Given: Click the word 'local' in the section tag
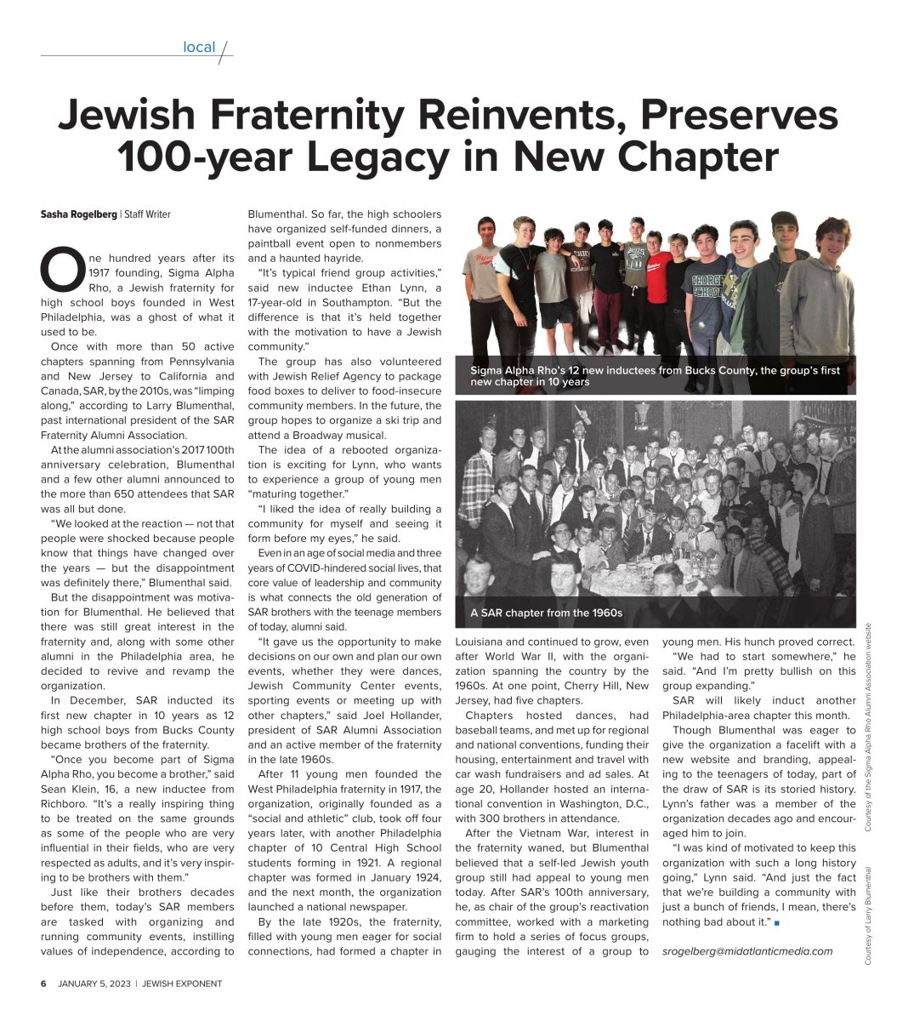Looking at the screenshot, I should (x=199, y=48).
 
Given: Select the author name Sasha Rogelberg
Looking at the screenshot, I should (x=79, y=214).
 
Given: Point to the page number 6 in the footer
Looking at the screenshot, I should (x=44, y=984).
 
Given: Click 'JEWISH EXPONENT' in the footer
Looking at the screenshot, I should (x=182, y=984).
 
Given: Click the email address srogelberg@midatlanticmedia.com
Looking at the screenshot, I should (x=747, y=950).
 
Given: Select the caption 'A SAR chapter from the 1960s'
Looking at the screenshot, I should (x=547, y=613).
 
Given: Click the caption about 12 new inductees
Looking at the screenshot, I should (x=655, y=376).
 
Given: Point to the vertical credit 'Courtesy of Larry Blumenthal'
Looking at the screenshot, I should (x=869, y=915).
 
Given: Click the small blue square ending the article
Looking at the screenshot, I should (x=777, y=922).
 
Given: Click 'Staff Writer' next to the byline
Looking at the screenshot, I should (x=147, y=214).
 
